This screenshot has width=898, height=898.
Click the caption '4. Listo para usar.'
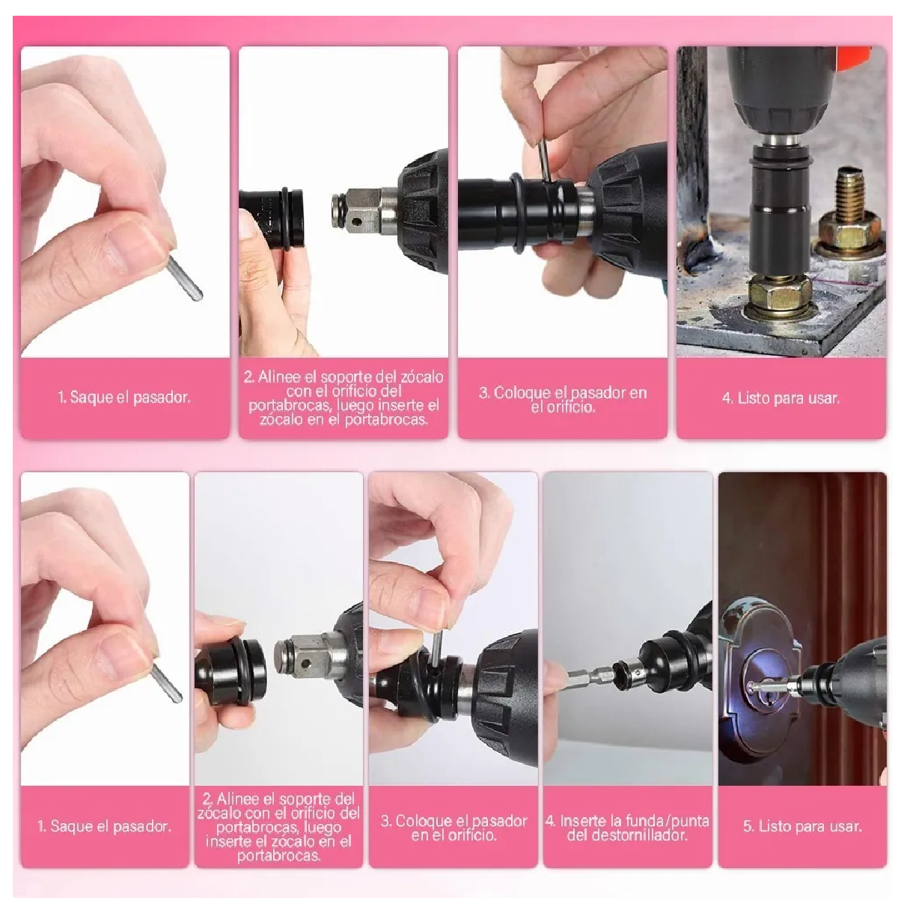[781, 398]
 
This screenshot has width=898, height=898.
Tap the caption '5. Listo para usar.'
[802, 826]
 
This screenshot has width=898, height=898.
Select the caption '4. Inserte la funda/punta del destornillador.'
[627, 827]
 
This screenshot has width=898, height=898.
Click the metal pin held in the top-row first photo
[185, 278]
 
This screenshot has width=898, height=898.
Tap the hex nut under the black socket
[778, 293]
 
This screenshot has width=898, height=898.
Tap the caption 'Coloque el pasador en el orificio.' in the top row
[563, 399]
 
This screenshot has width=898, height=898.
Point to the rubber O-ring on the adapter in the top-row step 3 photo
[516, 211]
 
